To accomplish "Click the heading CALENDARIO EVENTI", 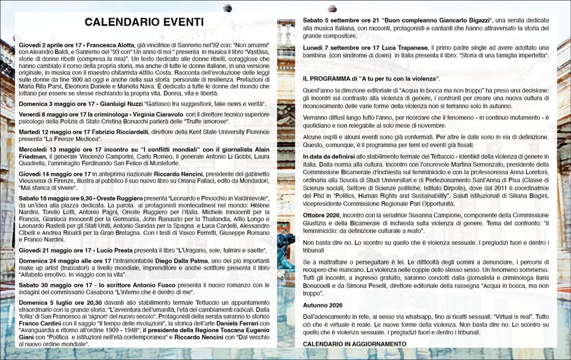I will (x=143, y=22).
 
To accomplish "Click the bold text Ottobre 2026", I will (x=322, y=216).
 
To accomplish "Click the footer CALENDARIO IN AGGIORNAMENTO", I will (x=354, y=344).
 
